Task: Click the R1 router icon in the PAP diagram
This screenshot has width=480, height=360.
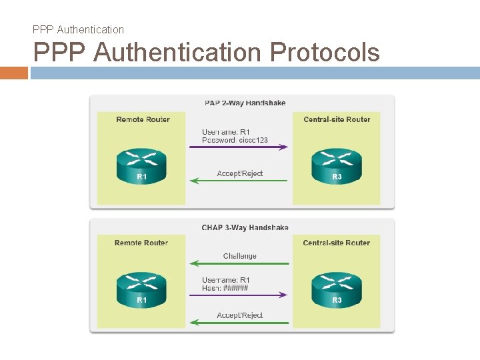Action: coord(141,166)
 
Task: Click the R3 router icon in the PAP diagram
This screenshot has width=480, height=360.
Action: coord(337,166)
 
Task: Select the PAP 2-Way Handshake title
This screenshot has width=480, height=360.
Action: coord(245,103)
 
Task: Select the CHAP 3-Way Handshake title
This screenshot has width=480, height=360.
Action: coord(245,227)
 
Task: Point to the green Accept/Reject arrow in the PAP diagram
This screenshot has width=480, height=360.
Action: coord(239,180)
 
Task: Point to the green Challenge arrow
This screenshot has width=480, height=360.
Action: coord(239,263)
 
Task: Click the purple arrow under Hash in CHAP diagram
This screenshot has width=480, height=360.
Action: coord(239,294)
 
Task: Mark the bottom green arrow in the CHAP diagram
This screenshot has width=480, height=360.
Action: coord(239,323)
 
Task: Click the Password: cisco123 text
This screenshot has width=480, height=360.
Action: coord(235,140)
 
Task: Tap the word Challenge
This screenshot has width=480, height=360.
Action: coord(239,256)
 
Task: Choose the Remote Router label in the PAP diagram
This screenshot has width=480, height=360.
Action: coord(143,119)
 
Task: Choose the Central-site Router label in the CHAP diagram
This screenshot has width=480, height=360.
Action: coord(336,243)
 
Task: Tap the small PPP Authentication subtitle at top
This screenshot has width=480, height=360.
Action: coord(78,29)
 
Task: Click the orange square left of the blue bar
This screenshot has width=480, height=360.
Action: coord(14,73)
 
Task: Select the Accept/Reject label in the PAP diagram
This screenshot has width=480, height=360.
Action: coord(240,173)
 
